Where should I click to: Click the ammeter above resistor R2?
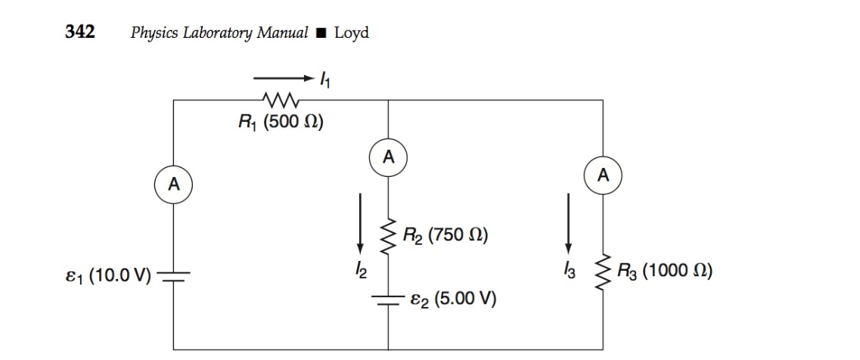click(388, 158)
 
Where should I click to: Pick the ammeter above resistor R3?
click(603, 176)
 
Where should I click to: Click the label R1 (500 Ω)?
click(281, 123)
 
